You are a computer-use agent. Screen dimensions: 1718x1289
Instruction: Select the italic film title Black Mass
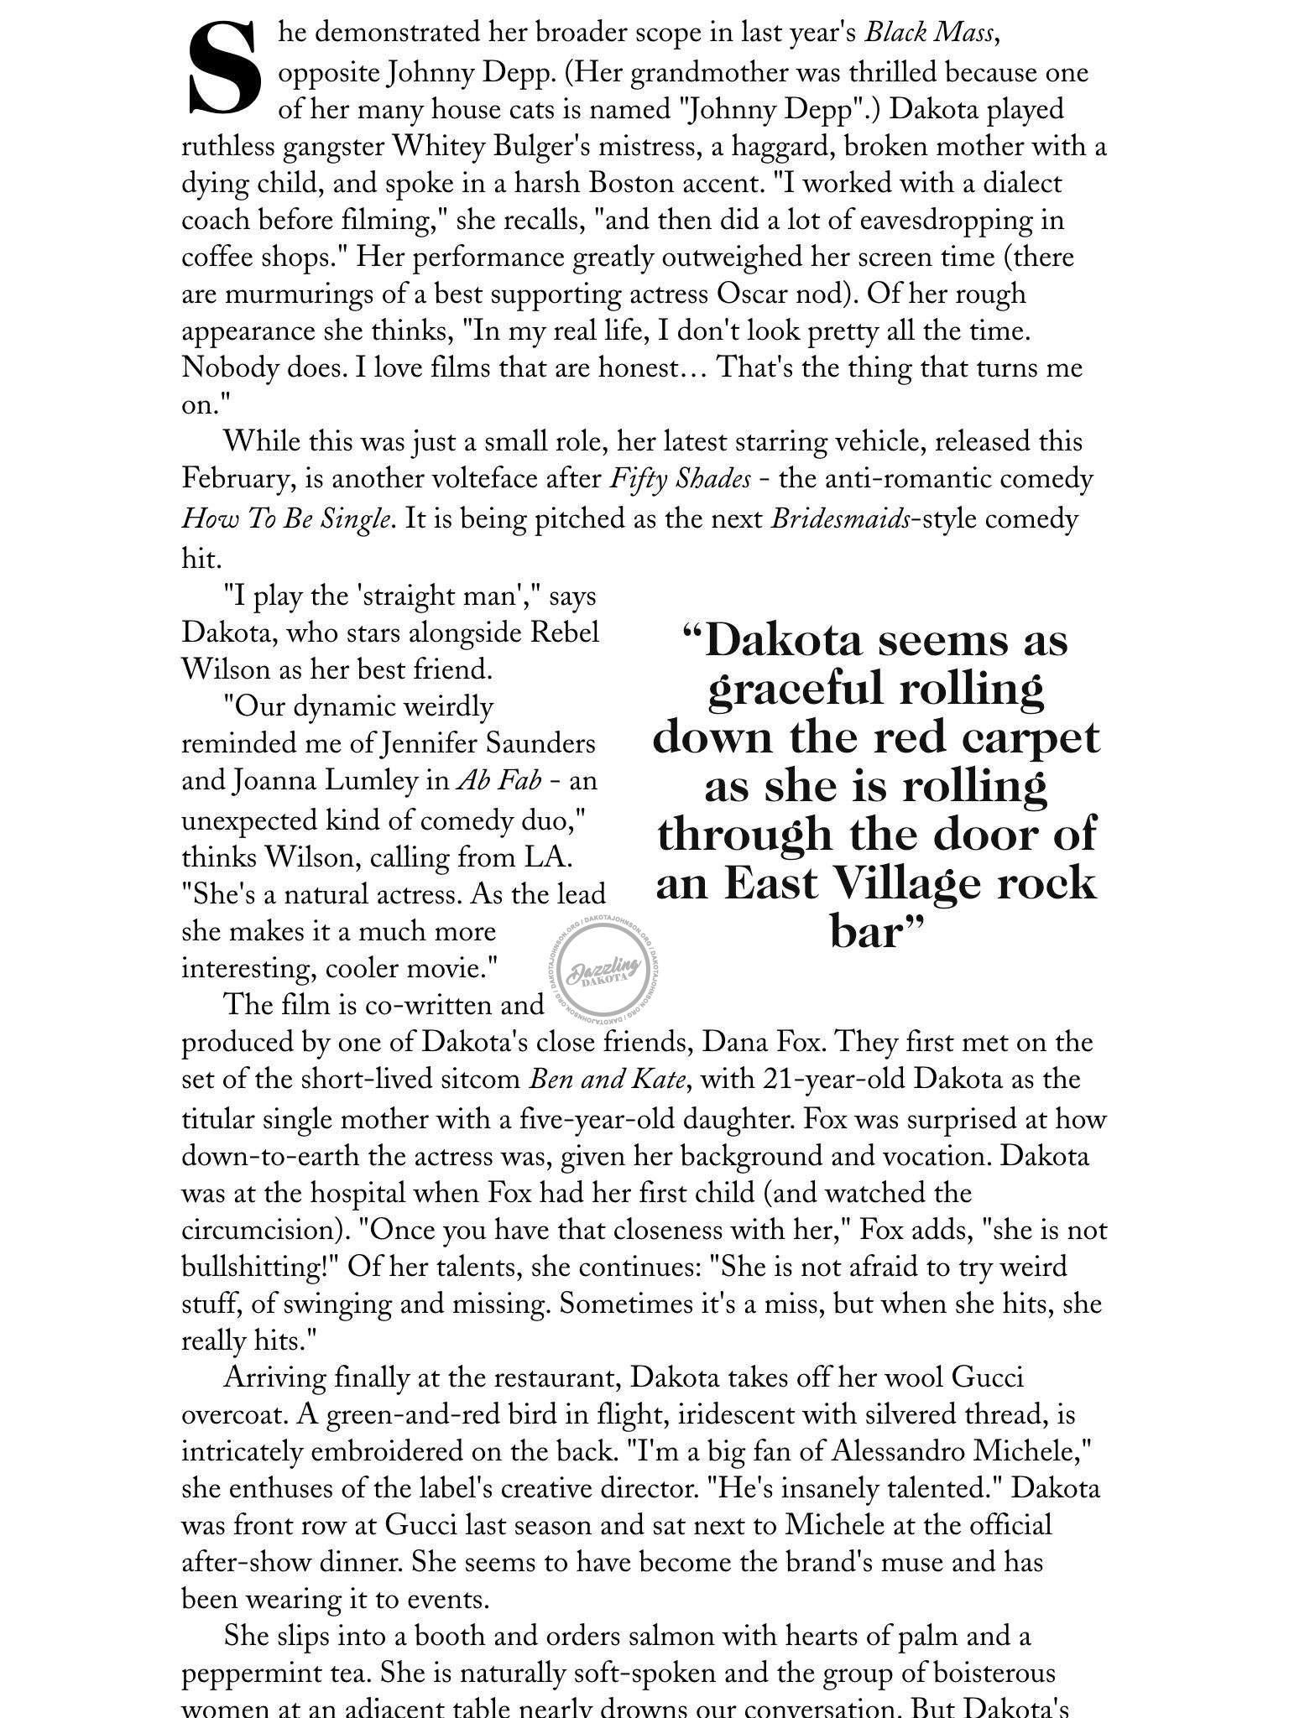(x=931, y=34)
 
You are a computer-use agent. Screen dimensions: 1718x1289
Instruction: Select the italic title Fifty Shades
(x=679, y=479)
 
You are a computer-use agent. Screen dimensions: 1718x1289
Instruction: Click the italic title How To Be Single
(x=286, y=519)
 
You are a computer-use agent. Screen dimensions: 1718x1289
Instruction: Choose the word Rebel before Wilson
(x=566, y=632)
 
